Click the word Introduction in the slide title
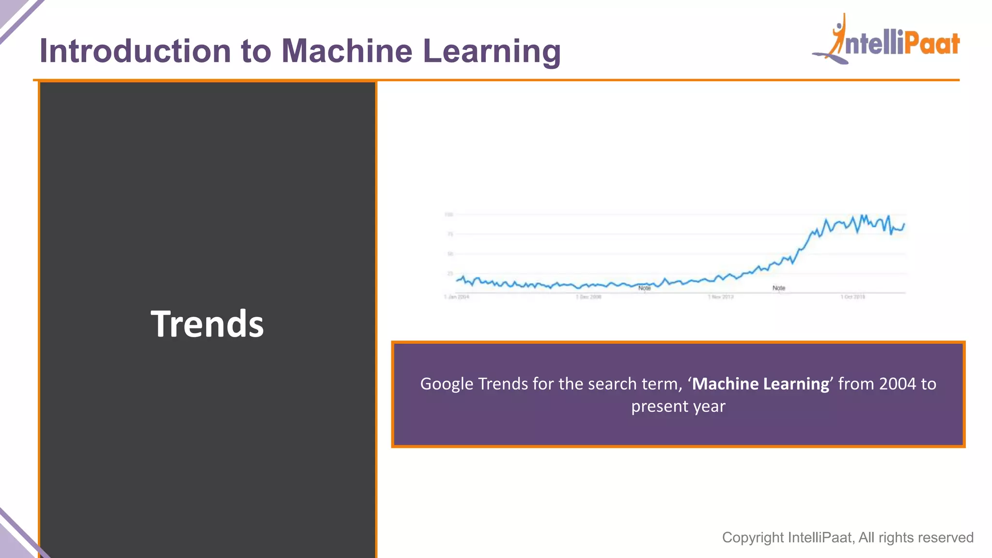(135, 51)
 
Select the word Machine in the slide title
(347, 51)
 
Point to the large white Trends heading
(207, 324)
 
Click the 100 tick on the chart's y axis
(449, 215)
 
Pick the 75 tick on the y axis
(450, 234)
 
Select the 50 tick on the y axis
(450, 254)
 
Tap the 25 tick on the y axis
(450, 274)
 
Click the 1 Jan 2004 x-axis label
(457, 297)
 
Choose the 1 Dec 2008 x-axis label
(589, 297)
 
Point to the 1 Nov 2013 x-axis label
(721, 297)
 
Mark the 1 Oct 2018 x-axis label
(852, 297)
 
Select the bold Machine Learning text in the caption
(760, 384)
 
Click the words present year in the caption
(678, 406)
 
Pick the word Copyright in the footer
(753, 537)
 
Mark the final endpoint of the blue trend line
(904, 224)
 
